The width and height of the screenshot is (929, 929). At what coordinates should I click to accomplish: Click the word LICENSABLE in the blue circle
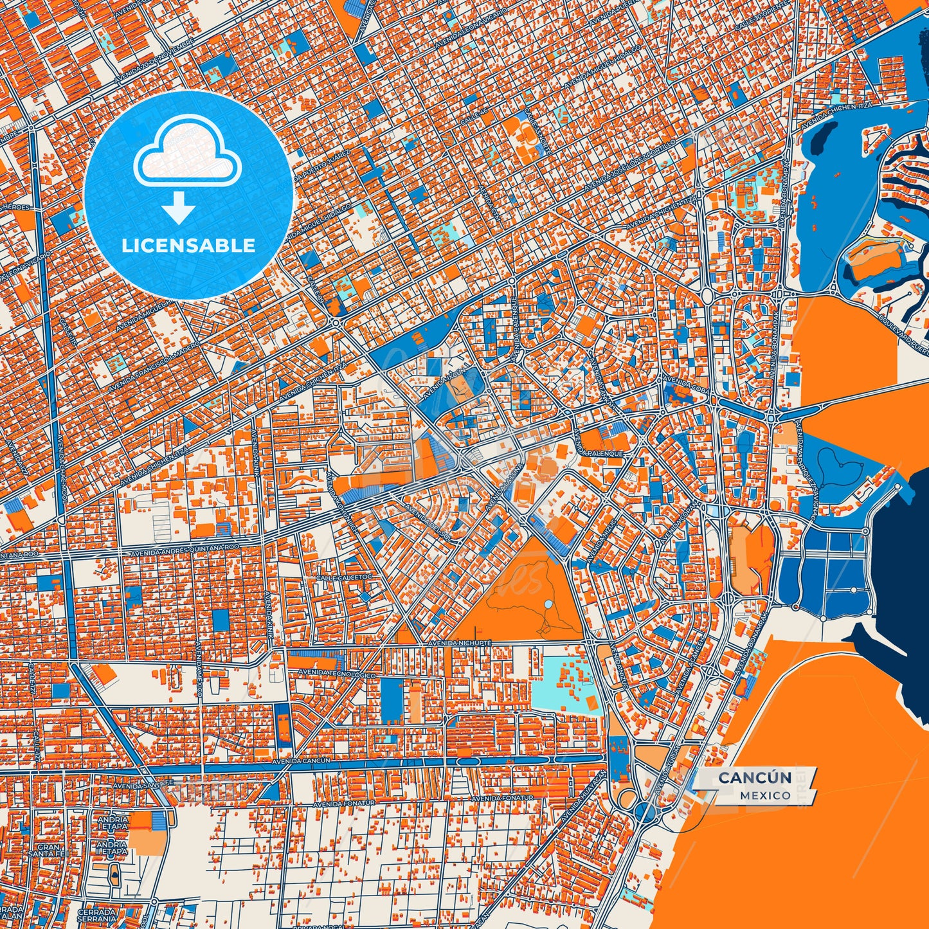point(189,246)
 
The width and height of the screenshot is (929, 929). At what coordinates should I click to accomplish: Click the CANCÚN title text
point(755,778)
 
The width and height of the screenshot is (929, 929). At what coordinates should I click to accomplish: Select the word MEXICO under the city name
point(765,795)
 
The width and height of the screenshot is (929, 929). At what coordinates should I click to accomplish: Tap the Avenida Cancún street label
point(301,761)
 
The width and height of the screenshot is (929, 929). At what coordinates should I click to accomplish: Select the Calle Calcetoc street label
point(344,578)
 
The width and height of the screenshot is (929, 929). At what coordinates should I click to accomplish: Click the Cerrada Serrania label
point(96,915)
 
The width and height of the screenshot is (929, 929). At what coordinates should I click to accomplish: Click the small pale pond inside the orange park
point(548,605)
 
